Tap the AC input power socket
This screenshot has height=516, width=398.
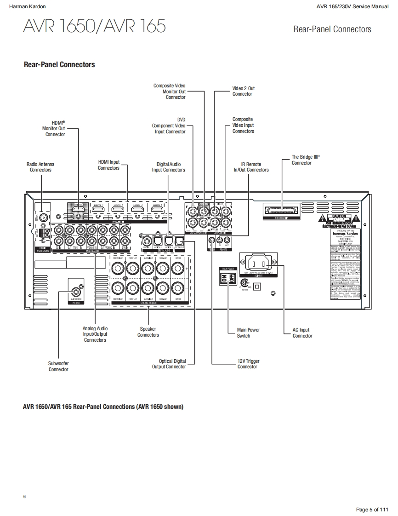pyautogui.click(x=258, y=263)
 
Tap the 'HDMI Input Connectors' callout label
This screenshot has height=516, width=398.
pyautogui.click(x=108, y=165)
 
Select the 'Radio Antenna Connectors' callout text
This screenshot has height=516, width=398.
pyautogui.click(x=40, y=167)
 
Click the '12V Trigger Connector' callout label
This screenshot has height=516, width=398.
pyautogui.click(x=248, y=364)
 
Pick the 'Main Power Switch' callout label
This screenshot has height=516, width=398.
pyautogui.click(x=248, y=333)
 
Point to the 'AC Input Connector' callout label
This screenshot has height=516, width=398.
pyautogui.click(x=301, y=333)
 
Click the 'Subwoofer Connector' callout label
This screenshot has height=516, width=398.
pyautogui.click(x=58, y=366)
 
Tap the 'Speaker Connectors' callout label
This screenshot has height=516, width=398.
pyautogui.click(x=148, y=332)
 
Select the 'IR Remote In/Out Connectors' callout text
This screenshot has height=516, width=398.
pyautogui.click(x=251, y=167)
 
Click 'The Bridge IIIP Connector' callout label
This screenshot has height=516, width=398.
pyautogui.click(x=305, y=160)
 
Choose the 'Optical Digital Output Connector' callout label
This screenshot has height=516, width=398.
pyautogui.click(x=169, y=364)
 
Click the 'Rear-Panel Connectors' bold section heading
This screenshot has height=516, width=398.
pyautogui.click(x=59, y=64)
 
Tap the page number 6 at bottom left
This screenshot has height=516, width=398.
pyautogui.click(x=24, y=496)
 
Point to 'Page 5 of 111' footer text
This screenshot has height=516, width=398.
pyautogui.click(x=372, y=510)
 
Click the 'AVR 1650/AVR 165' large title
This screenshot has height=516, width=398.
pyautogui.click(x=94, y=26)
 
